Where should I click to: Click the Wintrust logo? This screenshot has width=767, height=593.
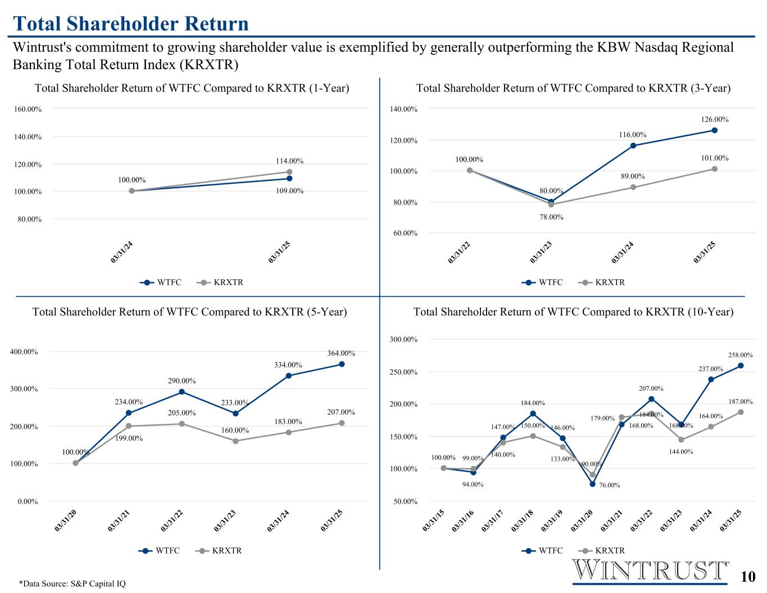(x=651, y=571)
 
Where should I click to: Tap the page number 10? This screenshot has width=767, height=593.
(x=748, y=577)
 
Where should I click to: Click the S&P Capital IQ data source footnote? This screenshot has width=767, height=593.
(x=72, y=583)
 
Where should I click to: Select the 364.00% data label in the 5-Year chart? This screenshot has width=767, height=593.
(x=341, y=353)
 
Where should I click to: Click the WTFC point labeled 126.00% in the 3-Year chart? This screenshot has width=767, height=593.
(x=714, y=130)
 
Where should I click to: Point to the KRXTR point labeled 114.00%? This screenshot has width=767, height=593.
(x=289, y=172)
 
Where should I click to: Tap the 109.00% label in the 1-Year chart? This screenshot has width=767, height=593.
(x=289, y=191)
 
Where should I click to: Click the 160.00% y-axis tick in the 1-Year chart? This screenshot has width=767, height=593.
(x=28, y=109)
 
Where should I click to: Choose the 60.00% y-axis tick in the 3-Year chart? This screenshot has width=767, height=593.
(x=403, y=233)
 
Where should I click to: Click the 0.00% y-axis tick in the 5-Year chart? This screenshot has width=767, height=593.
(x=28, y=501)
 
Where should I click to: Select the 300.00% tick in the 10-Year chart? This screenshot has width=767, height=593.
(x=403, y=339)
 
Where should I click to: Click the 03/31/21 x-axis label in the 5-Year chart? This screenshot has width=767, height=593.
(x=118, y=521)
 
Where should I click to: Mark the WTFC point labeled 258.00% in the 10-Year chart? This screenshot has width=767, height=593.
(x=741, y=366)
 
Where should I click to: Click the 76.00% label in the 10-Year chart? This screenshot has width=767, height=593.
(x=608, y=485)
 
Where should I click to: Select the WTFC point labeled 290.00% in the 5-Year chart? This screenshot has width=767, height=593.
(x=181, y=392)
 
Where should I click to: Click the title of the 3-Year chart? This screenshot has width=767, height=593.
(x=573, y=88)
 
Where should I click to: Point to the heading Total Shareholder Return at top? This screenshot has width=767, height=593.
(x=131, y=24)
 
